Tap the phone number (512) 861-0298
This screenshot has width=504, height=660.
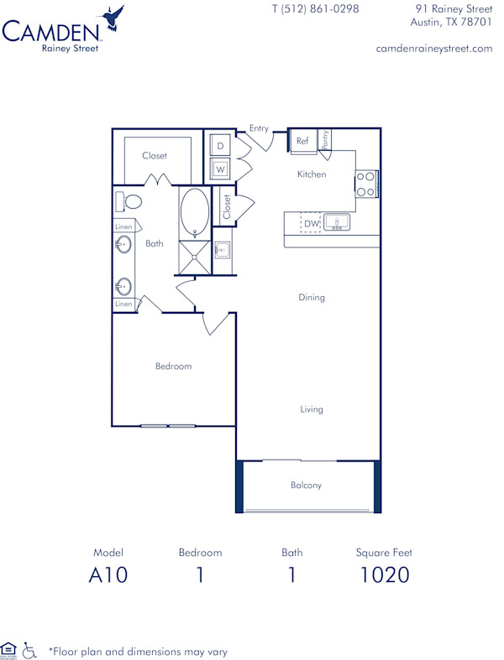(x=315, y=9)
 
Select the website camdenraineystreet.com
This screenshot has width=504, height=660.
(x=434, y=49)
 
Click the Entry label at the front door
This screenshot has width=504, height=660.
(x=259, y=128)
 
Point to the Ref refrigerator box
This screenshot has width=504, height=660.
(x=302, y=142)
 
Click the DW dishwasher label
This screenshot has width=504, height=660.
(x=310, y=223)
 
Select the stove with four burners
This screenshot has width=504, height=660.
(x=365, y=184)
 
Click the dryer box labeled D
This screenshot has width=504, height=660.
(x=220, y=145)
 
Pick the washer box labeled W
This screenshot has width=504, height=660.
(x=220, y=169)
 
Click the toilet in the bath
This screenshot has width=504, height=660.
(x=128, y=201)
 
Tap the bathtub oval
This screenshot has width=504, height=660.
(x=195, y=213)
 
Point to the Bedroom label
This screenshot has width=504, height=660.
(x=173, y=366)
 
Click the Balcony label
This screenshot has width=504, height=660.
(x=306, y=485)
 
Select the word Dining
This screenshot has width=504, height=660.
(x=311, y=297)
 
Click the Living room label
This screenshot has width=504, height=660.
(x=312, y=409)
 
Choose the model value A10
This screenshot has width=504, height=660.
(x=108, y=575)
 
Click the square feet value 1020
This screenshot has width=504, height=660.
(x=384, y=575)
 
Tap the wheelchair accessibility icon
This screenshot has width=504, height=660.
(x=29, y=650)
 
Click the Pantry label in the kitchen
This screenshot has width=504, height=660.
(x=325, y=139)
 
